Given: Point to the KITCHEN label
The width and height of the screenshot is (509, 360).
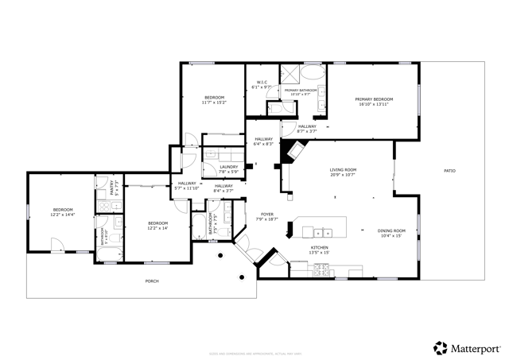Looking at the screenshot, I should [x=320, y=248].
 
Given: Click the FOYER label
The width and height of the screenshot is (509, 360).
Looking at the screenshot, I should [x=268, y=215].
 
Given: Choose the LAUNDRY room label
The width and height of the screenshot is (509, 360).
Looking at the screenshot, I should [x=228, y=167].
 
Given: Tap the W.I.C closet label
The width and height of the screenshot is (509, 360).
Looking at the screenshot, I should [x=262, y=82].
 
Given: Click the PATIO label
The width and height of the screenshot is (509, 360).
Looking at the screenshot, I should [x=449, y=171].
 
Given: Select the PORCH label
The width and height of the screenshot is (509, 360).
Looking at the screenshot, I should [x=151, y=281].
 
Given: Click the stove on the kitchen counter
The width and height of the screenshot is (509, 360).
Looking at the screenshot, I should [x=323, y=270].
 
